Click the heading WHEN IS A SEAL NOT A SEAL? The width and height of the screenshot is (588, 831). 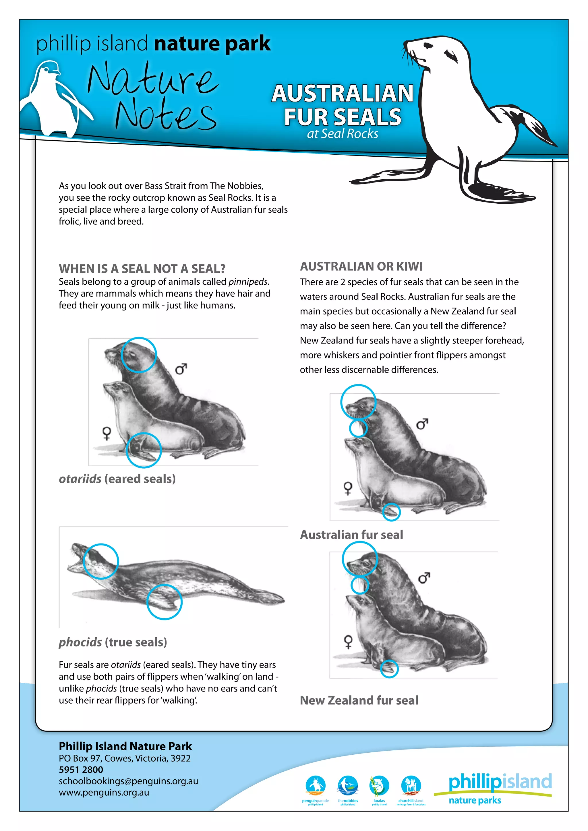[142, 269]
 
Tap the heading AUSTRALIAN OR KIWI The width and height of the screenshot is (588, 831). [361, 266]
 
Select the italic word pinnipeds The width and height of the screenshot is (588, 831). [248, 281]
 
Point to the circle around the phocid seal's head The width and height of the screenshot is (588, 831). [101, 561]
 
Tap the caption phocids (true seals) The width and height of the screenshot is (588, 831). [113, 642]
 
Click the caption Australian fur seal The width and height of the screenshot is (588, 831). [351, 535]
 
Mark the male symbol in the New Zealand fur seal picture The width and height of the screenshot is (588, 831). [424, 578]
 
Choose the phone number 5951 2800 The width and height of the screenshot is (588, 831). [81, 770]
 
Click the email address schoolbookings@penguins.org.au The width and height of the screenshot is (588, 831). [129, 781]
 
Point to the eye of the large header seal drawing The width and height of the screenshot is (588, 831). [429, 46]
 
